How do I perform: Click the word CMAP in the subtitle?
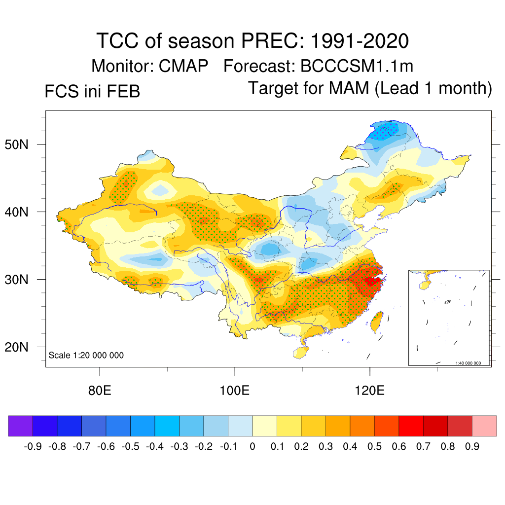[x=183, y=66]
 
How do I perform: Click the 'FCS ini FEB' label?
[x=92, y=92]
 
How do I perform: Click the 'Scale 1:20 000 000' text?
[x=86, y=356]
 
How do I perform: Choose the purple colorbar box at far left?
[x=20, y=426]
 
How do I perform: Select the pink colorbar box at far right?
[x=484, y=426]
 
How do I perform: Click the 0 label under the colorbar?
[x=252, y=447]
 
